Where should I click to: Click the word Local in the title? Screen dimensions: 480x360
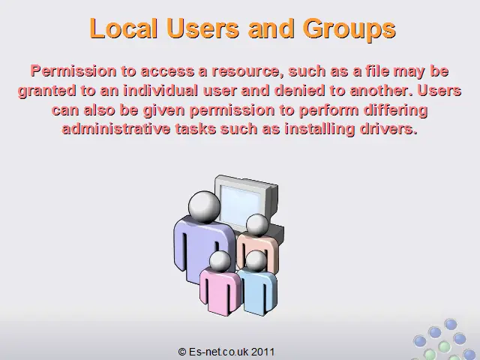124,28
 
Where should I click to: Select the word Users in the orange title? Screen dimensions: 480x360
203,28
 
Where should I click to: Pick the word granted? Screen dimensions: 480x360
46,91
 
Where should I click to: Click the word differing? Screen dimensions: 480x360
395,110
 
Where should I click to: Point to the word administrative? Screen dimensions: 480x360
116,128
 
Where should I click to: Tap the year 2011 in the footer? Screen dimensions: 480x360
263,352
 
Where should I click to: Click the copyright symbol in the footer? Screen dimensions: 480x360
182,352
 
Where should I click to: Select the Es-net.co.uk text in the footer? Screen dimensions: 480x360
218,352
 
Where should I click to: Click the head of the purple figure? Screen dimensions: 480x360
204,206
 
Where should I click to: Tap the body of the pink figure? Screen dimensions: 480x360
219,291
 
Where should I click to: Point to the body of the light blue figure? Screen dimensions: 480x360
258,291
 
